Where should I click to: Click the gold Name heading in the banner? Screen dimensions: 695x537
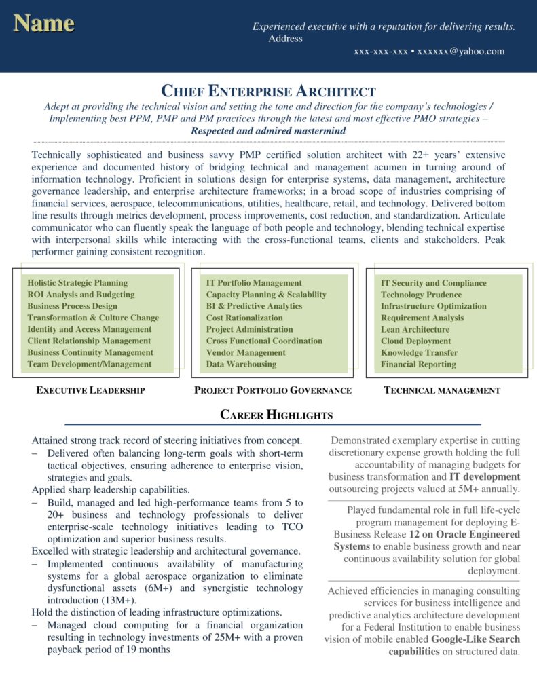point(43,23)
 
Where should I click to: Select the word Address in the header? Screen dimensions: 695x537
point(285,39)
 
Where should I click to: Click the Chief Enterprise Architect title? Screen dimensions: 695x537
point(268,91)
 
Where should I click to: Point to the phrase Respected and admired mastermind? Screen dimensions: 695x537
point(268,130)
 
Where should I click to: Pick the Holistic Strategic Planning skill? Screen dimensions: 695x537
point(77,283)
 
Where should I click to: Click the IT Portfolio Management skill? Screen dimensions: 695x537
point(254,283)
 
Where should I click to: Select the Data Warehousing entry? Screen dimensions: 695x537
point(242,364)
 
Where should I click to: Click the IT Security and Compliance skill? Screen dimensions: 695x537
point(434,283)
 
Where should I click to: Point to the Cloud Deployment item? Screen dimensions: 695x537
point(416,341)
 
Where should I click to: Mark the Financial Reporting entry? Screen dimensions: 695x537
point(418,364)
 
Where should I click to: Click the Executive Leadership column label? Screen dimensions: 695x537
point(90,390)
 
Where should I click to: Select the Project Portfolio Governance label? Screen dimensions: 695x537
point(273,390)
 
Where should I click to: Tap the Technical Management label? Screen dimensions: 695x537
point(442,390)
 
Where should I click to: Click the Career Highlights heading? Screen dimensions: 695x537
point(276,415)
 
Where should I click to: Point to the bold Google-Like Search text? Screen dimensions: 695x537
point(475,639)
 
